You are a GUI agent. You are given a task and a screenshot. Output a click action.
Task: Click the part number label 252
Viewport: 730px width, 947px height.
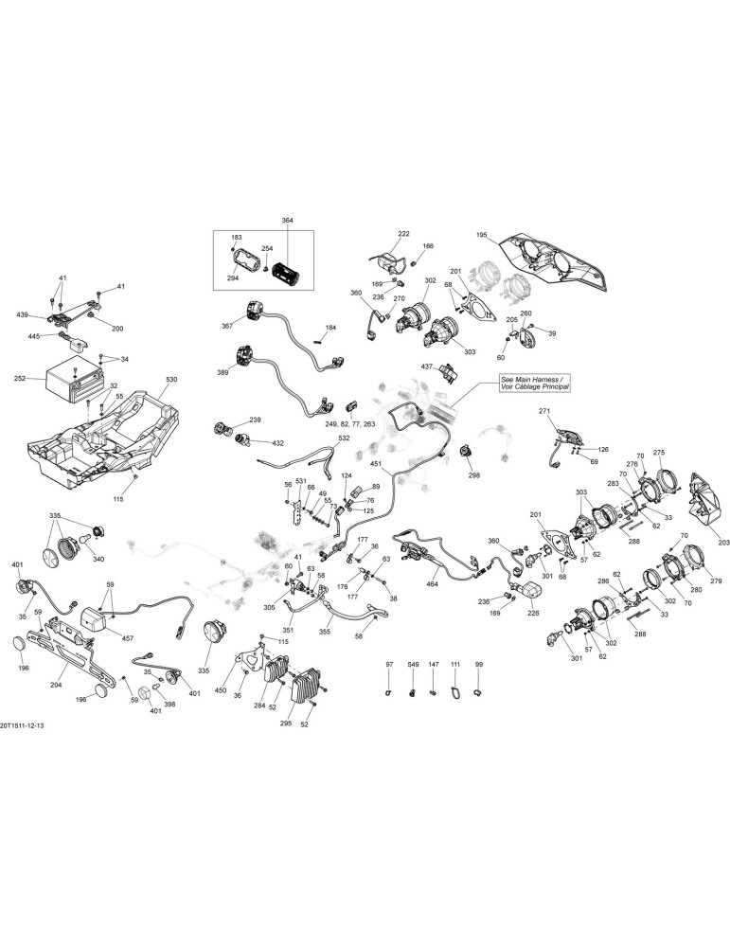click(x=19, y=379)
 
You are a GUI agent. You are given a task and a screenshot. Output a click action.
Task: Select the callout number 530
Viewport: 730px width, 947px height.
click(x=172, y=380)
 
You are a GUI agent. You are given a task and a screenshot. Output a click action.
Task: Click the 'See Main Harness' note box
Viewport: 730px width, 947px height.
click(x=534, y=383)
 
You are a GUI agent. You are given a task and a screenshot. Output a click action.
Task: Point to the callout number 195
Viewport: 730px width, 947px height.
click(x=481, y=234)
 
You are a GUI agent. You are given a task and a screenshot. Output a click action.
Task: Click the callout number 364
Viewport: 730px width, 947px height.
click(x=288, y=221)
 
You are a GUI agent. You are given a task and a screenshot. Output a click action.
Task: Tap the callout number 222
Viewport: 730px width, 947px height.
click(x=403, y=233)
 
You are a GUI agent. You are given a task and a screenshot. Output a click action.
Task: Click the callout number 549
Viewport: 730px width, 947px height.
click(x=413, y=665)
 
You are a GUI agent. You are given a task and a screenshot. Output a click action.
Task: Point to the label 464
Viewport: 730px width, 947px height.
click(x=433, y=584)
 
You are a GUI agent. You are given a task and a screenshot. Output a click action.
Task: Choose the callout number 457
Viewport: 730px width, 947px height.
click(x=128, y=637)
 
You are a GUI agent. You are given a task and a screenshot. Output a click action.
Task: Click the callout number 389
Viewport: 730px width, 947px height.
click(x=223, y=372)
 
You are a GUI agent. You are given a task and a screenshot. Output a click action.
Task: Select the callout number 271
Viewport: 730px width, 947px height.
click(x=544, y=411)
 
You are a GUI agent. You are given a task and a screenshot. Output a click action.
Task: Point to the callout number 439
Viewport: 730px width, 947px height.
click(x=23, y=314)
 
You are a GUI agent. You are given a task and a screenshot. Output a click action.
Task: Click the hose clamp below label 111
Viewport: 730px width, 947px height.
click(x=454, y=690)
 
